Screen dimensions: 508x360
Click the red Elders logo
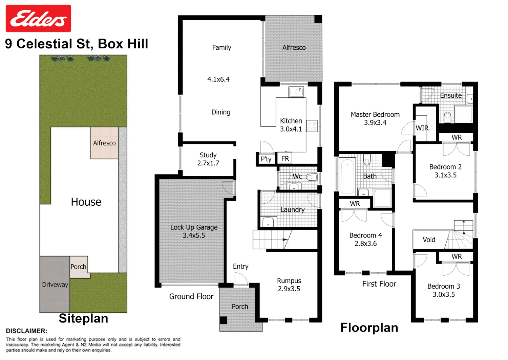pyautogui.click(x=38, y=18)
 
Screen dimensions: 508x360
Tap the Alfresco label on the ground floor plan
pyautogui.click(x=294, y=48)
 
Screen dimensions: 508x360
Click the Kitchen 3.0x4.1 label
pyautogui.click(x=291, y=125)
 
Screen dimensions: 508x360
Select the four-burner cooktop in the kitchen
pyautogui.click(x=312, y=126)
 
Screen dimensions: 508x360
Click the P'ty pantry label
pyautogui.click(x=266, y=159)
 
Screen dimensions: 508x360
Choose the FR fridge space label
pyautogui.click(x=285, y=158)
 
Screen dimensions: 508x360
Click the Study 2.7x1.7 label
pyautogui.click(x=208, y=159)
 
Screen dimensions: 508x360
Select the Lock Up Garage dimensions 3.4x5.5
pyautogui.click(x=194, y=235)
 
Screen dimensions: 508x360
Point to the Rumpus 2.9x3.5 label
pyautogui.click(x=289, y=285)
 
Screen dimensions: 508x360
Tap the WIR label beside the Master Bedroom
pyautogui.click(x=422, y=128)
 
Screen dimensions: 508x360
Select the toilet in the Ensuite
pyautogui.click(x=447, y=117)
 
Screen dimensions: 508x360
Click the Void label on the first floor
pyautogui.click(x=429, y=240)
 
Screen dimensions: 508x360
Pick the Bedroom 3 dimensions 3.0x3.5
pyautogui.click(x=444, y=294)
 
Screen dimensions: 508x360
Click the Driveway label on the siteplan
pyautogui.click(x=55, y=285)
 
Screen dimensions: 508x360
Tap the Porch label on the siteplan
pyautogui.click(x=78, y=267)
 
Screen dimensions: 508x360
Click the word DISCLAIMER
pyautogui.click(x=26, y=331)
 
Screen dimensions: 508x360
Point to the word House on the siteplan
pyautogui.click(x=86, y=202)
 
